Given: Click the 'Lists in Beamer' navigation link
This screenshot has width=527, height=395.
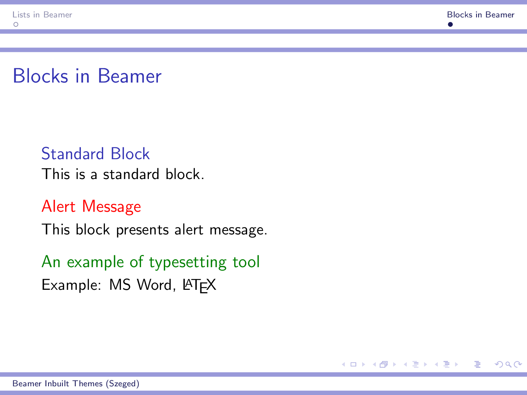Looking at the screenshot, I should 42,15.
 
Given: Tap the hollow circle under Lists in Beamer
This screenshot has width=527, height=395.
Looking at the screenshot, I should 16,24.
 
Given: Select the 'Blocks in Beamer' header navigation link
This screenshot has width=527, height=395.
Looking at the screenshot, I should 480,15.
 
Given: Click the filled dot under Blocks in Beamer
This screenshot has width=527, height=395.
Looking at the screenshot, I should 450,24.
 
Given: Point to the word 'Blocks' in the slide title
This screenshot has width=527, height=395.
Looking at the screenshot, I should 40,76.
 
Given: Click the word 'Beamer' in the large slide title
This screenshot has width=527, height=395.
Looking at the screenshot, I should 129,76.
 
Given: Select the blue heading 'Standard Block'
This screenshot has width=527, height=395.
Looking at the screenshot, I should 96,154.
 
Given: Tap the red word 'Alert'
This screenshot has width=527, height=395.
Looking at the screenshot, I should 58,206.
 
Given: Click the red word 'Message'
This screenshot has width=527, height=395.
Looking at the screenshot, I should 112,206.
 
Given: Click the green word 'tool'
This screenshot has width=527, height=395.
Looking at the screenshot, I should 246,262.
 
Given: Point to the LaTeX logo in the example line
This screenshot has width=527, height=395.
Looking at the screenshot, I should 199,285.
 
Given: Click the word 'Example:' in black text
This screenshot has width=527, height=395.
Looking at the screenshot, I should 71,285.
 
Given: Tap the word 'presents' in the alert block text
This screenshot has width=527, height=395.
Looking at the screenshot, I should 143,230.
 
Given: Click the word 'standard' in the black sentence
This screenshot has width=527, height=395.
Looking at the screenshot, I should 131,174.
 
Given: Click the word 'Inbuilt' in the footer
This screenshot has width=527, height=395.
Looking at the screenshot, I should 57,384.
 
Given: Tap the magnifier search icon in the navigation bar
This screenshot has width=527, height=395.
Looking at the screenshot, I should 508,364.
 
